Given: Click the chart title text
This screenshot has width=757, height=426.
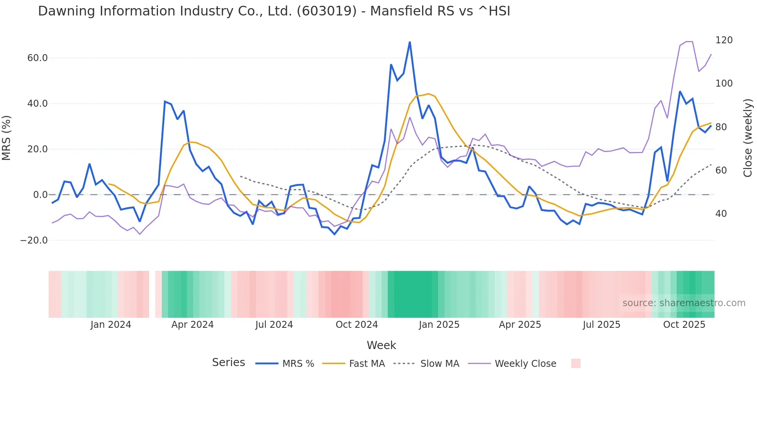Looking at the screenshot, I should (274, 11).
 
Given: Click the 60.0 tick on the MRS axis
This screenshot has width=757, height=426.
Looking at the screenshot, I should (37, 58).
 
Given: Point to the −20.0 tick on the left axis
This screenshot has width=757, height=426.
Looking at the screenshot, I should (34, 240).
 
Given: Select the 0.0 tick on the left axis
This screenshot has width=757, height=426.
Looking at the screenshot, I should (41, 195).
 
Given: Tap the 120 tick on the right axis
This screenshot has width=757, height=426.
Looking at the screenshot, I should (724, 40).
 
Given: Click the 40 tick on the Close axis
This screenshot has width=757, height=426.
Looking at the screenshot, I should (721, 214).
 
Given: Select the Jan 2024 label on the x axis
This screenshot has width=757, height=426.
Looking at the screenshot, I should (111, 325).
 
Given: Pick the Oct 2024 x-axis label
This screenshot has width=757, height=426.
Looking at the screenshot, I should (356, 325).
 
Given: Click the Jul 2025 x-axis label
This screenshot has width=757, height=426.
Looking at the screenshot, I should (601, 325).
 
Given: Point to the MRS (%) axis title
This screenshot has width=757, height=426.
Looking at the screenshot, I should (7, 138).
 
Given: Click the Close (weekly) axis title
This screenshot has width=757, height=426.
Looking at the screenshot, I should (748, 138).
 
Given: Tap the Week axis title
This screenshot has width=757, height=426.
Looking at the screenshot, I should (381, 345).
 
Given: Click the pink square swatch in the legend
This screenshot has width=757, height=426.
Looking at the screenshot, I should (575, 363).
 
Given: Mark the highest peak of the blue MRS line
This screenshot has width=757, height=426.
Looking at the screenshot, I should (410, 42).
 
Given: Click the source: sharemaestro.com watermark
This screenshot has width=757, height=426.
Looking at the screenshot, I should (684, 303).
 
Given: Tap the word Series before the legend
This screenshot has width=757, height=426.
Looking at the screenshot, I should (228, 363).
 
